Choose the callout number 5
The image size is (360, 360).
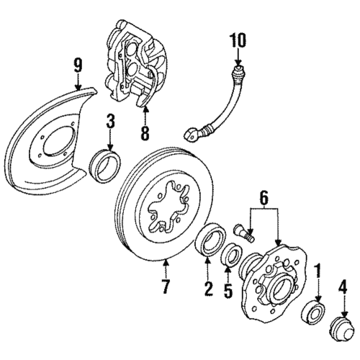tap(229, 291)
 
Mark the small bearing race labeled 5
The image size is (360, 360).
tap(232, 255)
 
